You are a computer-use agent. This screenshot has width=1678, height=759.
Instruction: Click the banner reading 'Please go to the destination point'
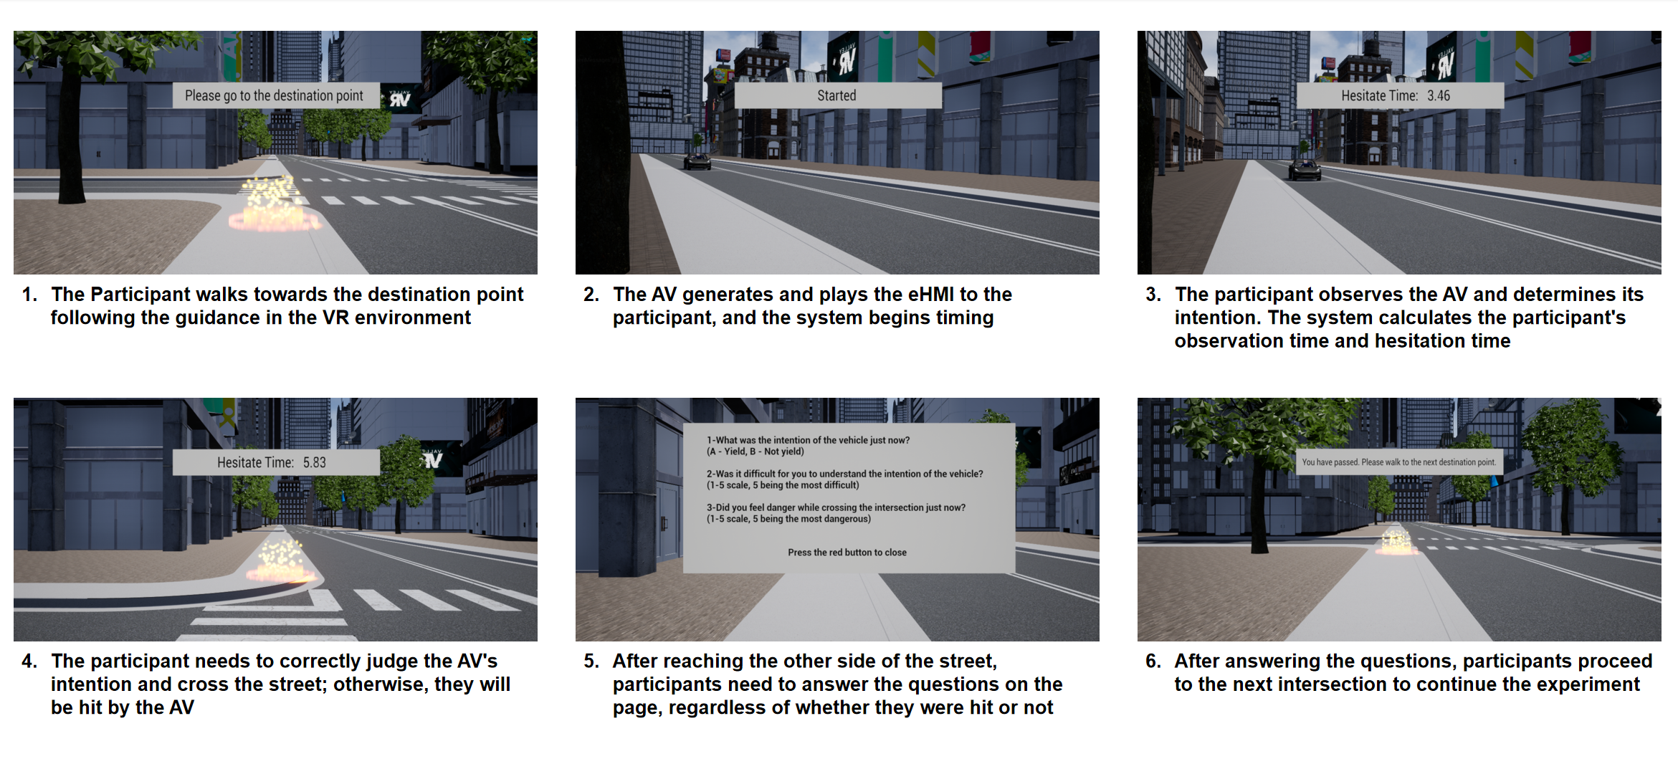point(276,95)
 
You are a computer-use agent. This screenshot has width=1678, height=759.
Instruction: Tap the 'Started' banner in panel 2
point(838,95)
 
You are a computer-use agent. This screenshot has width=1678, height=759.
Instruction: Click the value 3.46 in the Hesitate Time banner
point(1438,95)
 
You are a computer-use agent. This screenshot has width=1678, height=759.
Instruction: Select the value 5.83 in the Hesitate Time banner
point(314,462)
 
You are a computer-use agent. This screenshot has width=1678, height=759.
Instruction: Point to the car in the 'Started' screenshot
point(697,161)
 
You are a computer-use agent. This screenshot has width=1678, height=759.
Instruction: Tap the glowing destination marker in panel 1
point(272,204)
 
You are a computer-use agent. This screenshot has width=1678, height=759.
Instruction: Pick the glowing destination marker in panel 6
point(1396,540)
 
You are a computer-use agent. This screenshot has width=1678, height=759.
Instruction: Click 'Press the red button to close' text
point(847,553)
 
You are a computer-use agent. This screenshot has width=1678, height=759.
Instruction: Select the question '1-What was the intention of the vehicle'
point(808,440)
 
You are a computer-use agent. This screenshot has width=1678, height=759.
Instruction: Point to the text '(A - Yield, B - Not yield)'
point(755,452)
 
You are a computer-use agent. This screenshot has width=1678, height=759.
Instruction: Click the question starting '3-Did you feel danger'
point(836,507)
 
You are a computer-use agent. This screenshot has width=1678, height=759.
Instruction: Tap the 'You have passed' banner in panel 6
point(1399,462)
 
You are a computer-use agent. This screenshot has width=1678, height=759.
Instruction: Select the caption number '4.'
point(29,661)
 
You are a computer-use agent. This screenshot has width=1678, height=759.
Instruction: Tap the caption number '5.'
point(591,661)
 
